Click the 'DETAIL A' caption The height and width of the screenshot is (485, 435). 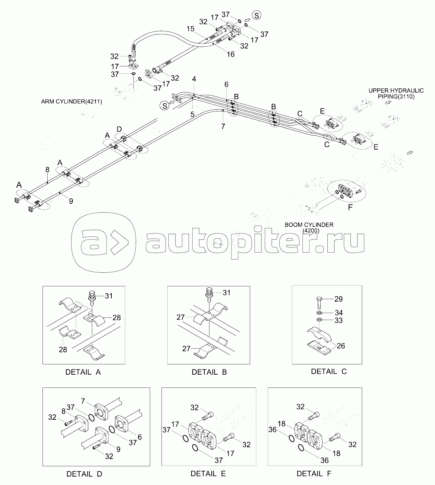pyautogui.click(x=83, y=372)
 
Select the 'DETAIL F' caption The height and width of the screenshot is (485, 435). pyautogui.click(x=314, y=473)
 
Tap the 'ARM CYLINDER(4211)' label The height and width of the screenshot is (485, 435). pyautogui.click(x=72, y=102)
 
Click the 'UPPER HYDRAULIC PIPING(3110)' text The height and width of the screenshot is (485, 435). pyautogui.click(x=396, y=93)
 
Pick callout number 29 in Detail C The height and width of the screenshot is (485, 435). pyautogui.click(x=338, y=299)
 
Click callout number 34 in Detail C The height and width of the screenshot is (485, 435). pyautogui.click(x=338, y=313)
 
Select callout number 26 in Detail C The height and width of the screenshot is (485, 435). pyautogui.click(x=341, y=345)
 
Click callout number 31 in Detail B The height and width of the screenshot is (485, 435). pyautogui.click(x=227, y=293)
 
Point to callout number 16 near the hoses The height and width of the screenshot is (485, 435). pyautogui.click(x=230, y=54)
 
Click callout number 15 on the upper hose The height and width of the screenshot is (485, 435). pyautogui.click(x=190, y=29)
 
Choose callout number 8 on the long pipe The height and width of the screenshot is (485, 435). pyautogui.click(x=47, y=169)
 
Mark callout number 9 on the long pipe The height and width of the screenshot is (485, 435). pyautogui.click(x=71, y=201)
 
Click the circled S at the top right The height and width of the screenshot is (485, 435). pyautogui.click(x=258, y=15)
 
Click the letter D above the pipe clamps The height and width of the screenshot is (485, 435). pyautogui.click(x=119, y=129)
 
